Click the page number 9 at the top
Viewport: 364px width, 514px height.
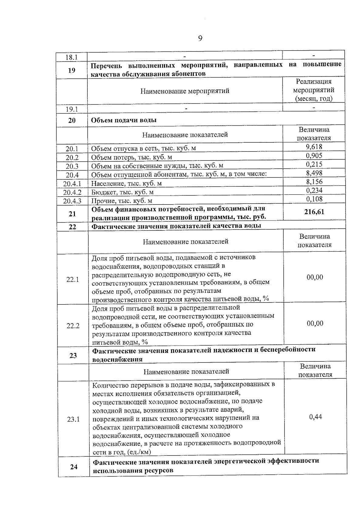(x=200, y=38)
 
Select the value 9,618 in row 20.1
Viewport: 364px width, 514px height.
(x=314, y=147)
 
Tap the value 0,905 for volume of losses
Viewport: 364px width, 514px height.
(x=314, y=156)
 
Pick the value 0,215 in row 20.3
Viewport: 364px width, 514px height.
(x=314, y=164)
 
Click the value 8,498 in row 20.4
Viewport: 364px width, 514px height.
(x=314, y=173)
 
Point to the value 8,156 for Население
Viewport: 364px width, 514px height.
(x=314, y=182)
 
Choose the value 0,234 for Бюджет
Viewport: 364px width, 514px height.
(x=314, y=190)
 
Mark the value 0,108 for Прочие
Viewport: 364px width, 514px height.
(x=314, y=199)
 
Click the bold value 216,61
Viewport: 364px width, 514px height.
(x=314, y=212)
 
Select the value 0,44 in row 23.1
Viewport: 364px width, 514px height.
(x=315, y=417)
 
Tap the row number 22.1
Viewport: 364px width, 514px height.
(x=73, y=280)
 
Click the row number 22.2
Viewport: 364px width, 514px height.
(x=73, y=326)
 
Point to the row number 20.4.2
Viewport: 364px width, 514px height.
(x=72, y=192)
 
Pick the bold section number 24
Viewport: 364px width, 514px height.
(x=74, y=467)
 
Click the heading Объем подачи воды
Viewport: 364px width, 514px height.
(x=124, y=120)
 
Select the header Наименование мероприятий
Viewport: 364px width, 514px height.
(x=185, y=91)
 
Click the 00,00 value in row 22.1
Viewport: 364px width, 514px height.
(x=315, y=277)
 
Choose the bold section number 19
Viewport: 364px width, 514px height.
(x=72, y=71)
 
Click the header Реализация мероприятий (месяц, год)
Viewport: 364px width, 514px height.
(x=314, y=90)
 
